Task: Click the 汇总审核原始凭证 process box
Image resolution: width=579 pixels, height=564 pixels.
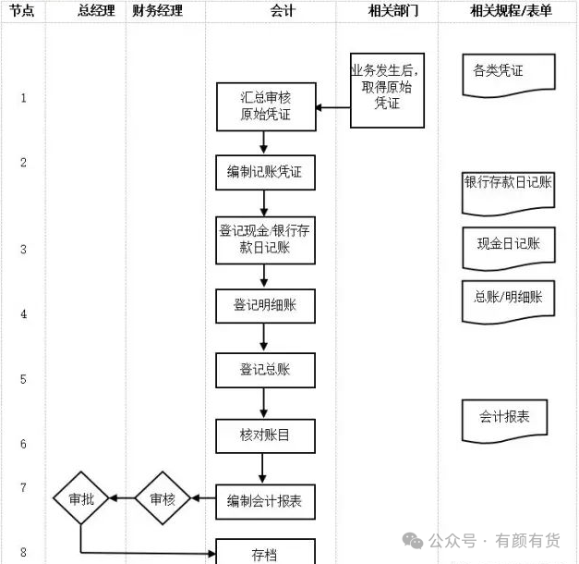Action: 266,106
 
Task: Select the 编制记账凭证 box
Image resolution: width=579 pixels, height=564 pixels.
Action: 266,172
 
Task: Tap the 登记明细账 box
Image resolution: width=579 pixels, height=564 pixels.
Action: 266,306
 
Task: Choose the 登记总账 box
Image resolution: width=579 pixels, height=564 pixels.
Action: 266,370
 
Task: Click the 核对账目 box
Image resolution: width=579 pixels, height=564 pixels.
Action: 266,435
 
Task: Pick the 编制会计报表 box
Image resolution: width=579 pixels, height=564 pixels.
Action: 266,501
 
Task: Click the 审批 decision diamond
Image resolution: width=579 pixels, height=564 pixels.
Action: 81,498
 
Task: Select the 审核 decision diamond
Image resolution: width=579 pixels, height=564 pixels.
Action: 163,498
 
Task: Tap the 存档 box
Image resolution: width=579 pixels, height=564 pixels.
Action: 266,551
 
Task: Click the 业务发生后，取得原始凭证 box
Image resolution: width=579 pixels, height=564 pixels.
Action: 387,91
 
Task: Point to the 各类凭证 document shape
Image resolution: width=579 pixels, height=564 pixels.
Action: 509,76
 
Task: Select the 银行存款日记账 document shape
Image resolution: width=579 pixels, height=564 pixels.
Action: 509,194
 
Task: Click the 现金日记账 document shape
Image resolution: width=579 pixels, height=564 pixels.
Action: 509,249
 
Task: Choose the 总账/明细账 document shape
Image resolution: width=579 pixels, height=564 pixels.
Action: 509,302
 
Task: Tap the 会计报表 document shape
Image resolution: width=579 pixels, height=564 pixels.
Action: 505,421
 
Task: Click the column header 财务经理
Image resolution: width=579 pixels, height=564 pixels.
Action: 157,11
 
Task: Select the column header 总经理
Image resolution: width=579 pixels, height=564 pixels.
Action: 96,11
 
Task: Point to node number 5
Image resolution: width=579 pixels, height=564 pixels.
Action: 23,379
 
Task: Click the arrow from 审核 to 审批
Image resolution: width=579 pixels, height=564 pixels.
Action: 122,498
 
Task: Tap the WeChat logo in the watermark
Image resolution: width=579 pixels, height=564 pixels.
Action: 413,541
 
